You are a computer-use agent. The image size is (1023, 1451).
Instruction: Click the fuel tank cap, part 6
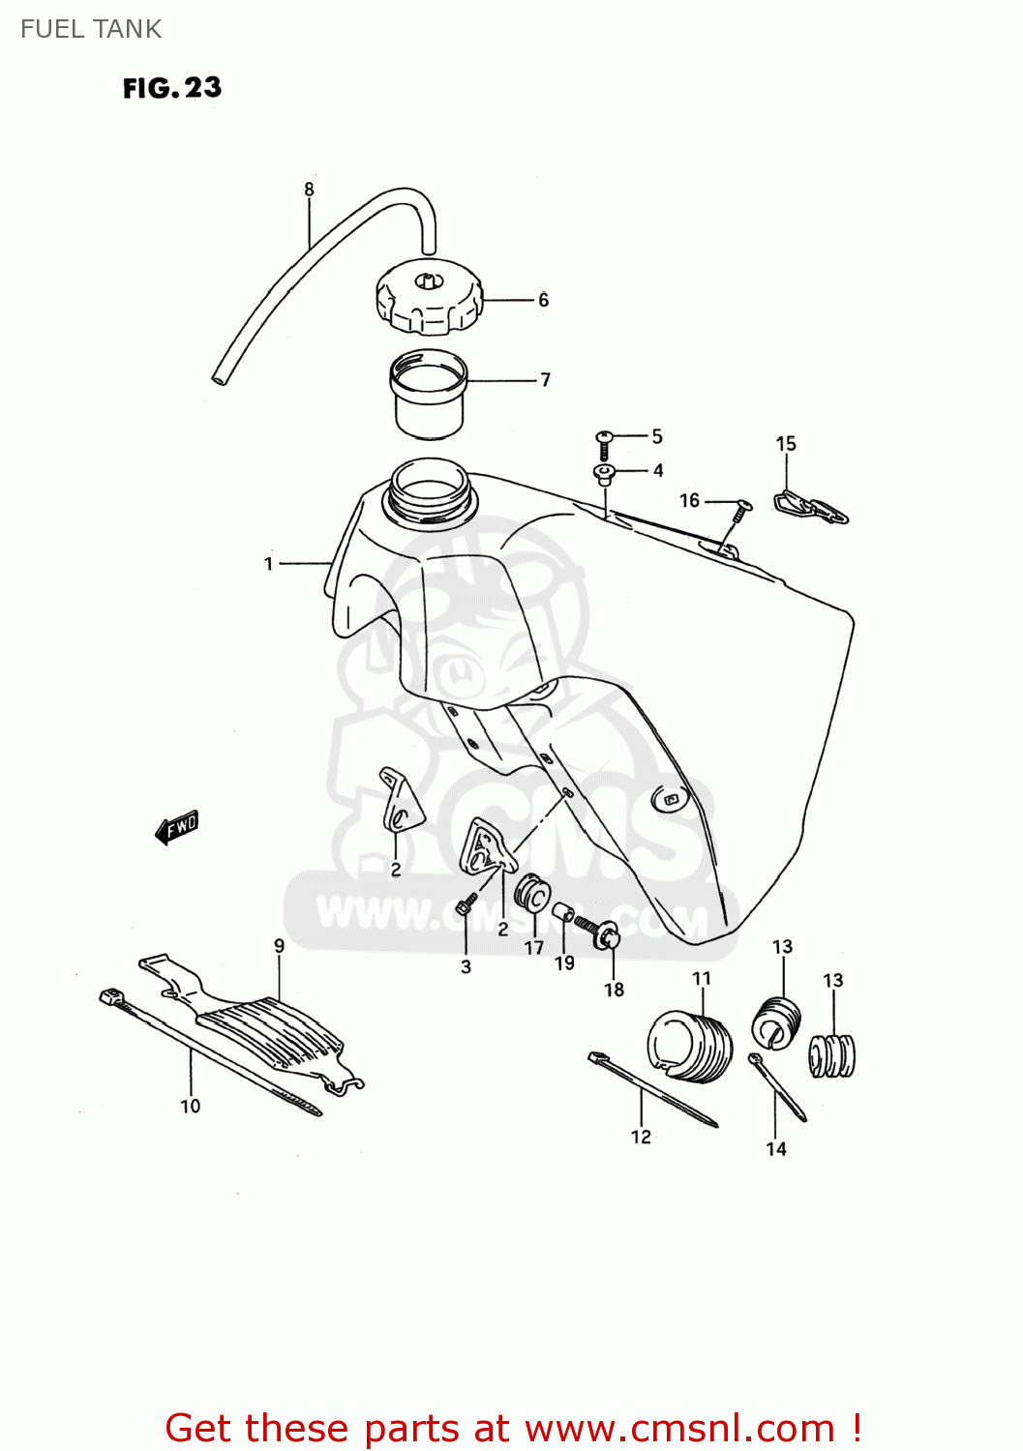tap(428, 300)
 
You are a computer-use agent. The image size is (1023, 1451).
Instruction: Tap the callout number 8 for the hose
tap(309, 190)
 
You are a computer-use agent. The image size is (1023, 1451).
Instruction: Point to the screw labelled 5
tap(604, 442)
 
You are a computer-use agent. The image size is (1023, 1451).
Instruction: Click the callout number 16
tap(689, 500)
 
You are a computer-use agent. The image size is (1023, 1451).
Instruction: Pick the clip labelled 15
tap(811, 508)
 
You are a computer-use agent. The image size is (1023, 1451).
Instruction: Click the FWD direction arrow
tap(177, 827)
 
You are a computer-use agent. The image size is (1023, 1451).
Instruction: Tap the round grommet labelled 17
tap(531, 894)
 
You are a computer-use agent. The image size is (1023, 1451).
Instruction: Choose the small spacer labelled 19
tap(562, 911)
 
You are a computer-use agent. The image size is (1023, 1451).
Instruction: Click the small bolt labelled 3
tap(465, 907)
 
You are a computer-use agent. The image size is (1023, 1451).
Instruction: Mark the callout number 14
tap(776, 1149)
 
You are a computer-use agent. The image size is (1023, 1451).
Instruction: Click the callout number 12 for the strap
tap(641, 1137)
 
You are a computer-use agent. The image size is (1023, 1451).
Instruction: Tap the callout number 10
tap(191, 1106)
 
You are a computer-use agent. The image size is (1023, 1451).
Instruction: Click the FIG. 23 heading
tap(172, 88)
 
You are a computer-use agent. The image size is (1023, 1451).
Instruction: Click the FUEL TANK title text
tap(91, 29)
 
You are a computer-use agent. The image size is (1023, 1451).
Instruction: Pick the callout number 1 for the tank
tap(269, 563)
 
